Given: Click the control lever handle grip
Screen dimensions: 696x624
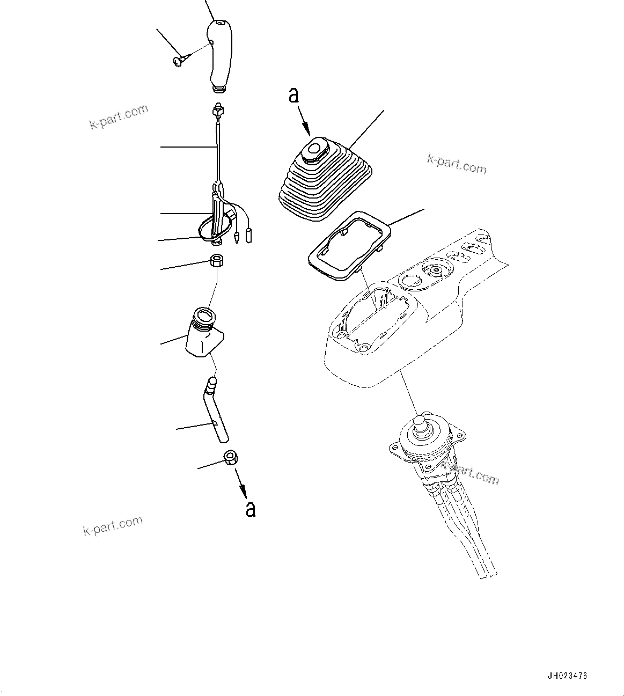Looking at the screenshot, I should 220,54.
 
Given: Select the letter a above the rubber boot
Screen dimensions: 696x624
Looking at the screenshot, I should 293,95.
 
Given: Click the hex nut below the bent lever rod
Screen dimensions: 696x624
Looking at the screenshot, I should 231,459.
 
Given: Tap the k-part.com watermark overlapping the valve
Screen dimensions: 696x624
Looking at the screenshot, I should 470,474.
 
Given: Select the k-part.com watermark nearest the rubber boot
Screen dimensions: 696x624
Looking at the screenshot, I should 457,165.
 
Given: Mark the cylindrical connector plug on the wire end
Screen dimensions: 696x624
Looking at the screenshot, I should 249,235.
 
